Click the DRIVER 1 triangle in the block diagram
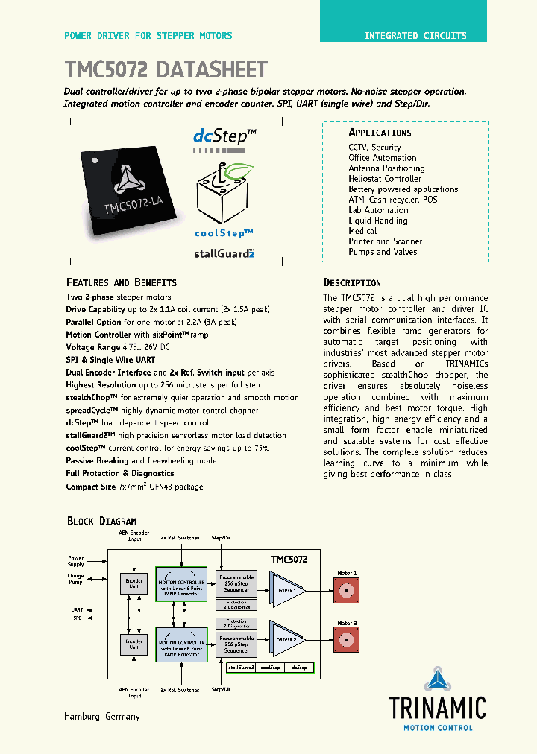click(x=286, y=589)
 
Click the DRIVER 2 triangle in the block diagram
click(x=286, y=639)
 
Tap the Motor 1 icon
click(x=347, y=591)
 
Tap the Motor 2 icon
click(x=347, y=640)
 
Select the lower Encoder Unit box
click(x=134, y=643)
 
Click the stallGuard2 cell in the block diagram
click(x=241, y=668)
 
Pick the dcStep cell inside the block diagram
click(x=300, y=668)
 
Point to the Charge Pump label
click(x=75, y=578)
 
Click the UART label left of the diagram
click(x=78, y=609)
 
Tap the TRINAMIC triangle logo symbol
click(x=437, y=681)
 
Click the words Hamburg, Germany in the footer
click(x=102, y=717)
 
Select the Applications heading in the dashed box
click(x=380, y=133)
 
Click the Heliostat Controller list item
click(x=384, y=179)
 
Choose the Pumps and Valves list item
click(x=383, y=252)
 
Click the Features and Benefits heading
click(x=122, y=283)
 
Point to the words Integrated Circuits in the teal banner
click(x=415, y=36)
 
